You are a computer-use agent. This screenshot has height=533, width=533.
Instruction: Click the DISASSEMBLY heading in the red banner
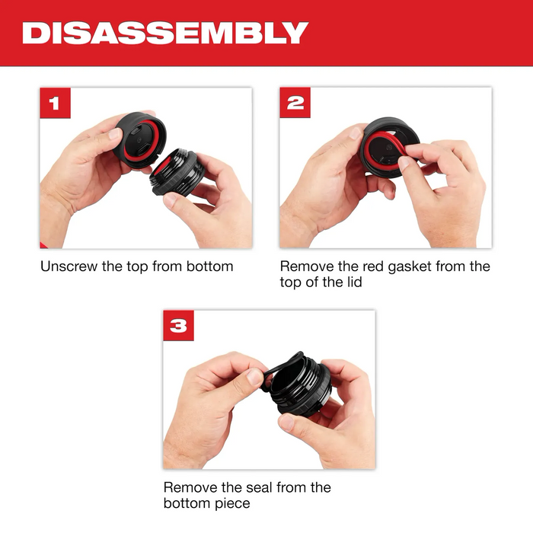click(165, 33)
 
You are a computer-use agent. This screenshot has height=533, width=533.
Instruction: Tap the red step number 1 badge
click(55, 103)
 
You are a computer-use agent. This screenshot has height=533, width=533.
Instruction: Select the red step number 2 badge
click(295, 103)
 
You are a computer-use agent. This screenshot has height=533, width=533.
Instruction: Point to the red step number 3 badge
click(178, 325)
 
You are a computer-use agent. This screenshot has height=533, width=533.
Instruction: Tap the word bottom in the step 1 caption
click(213, 266)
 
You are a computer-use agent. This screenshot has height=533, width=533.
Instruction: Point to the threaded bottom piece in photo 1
click(179, 171)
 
